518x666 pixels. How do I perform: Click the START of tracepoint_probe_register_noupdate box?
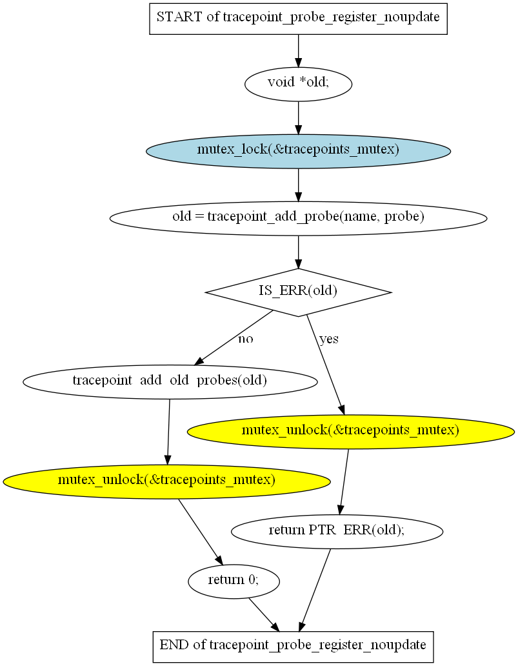[298, 19]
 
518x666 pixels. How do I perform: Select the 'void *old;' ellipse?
[298, 84]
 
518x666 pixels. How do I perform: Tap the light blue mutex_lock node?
[298, 151]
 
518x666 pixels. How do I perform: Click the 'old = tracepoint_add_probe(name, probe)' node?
[298, 218]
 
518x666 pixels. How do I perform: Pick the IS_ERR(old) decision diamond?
[298, 292]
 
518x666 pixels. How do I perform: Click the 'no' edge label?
[245, 339]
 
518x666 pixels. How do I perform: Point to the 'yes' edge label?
[329, 339]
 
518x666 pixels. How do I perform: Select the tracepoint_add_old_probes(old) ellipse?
[170, 381]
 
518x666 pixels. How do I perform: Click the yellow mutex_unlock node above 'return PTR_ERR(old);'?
[351, 432]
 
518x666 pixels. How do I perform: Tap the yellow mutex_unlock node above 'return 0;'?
[166, 481]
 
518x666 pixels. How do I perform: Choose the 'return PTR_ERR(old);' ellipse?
[337, 531]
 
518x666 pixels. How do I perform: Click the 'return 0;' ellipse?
[234, 581]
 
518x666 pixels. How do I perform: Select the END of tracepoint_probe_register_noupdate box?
[293, 647]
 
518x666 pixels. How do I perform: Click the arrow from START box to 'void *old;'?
[298, 50]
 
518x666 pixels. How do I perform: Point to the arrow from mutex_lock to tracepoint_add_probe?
[298, 185]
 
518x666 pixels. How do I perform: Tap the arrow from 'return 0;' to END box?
[264, 615]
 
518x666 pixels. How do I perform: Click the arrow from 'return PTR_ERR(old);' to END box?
[315, 590]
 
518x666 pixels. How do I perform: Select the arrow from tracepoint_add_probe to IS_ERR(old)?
[298, 252]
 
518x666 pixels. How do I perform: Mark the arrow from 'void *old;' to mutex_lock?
[298, 117]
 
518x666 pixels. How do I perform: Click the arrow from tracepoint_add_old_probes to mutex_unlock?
[168, 432]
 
